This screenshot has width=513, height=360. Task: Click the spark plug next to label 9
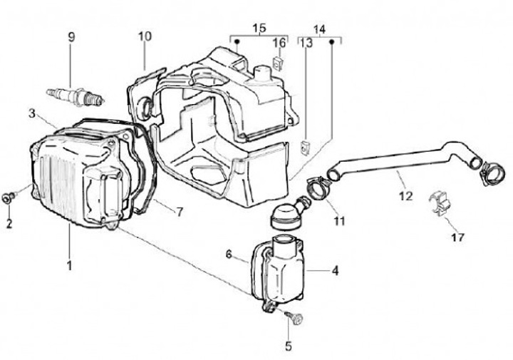tap(76, 93)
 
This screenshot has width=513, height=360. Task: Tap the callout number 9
tap(71, 37)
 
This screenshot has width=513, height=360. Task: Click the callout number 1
tap(70, 265)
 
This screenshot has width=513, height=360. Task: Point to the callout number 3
tap(32, 113)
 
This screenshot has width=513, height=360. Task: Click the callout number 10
tap(145, 36)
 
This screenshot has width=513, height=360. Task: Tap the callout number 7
tap(180, 212)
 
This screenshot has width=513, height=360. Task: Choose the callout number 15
tap(259, 28)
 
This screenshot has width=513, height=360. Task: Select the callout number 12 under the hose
tap(405, 195)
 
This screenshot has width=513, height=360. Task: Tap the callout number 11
tap(339, 221)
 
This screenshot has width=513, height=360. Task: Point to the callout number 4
tap(334, 271)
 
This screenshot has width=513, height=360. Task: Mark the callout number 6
tap(229, 254)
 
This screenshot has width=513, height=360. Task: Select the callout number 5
tap(289, 347)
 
